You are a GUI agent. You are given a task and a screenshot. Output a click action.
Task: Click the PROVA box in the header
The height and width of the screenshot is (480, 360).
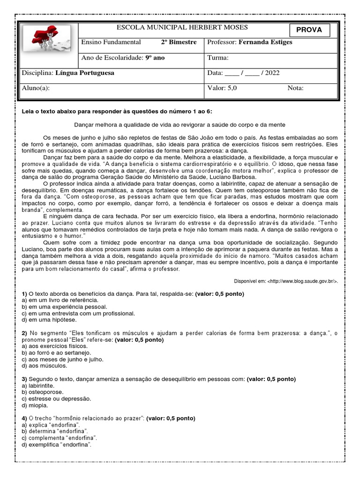point(309,30)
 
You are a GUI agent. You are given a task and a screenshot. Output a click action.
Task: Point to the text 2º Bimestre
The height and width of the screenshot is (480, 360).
point(179,42)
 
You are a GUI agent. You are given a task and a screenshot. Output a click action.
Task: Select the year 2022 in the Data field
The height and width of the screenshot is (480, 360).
point(272,73)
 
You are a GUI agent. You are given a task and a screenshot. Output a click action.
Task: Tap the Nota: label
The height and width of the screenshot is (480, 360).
point(295,88)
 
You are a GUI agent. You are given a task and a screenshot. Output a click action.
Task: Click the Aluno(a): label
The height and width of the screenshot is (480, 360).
point(36,88)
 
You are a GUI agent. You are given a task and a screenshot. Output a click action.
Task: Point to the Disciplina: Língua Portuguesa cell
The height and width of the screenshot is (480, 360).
point(68,73)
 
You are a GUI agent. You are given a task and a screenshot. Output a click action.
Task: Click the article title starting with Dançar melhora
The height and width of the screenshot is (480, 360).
point(180,125)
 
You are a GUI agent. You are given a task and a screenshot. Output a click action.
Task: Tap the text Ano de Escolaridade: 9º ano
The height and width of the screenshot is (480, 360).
point(123,58)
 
